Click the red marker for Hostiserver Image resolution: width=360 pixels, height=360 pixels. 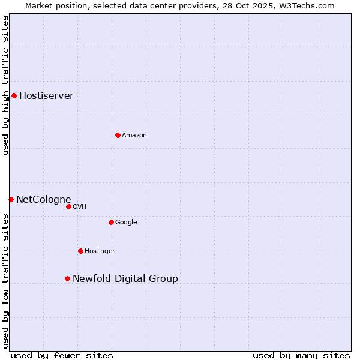14,95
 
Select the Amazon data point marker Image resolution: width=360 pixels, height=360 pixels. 118,135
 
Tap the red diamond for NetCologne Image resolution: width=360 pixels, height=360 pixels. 11,199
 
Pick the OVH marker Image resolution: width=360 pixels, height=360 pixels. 68,206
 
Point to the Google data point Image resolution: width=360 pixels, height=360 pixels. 111,222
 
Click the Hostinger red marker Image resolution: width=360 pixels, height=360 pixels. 80,251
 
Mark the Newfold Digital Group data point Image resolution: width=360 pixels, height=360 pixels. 67,278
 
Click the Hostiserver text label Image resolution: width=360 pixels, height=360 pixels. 46,95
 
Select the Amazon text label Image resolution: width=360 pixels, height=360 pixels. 134,135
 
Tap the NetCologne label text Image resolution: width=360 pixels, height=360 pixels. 43,199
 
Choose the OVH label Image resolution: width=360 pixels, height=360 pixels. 80,206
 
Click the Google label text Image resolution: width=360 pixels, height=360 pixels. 126,222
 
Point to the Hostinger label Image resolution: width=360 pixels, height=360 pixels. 100,251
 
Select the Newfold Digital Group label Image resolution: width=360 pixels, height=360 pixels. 125,278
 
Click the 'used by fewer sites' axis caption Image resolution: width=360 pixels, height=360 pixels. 62,355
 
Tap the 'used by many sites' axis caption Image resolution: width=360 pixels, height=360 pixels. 301,355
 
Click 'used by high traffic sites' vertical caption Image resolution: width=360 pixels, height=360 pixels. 5,85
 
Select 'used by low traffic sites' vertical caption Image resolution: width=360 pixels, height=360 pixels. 5,280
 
